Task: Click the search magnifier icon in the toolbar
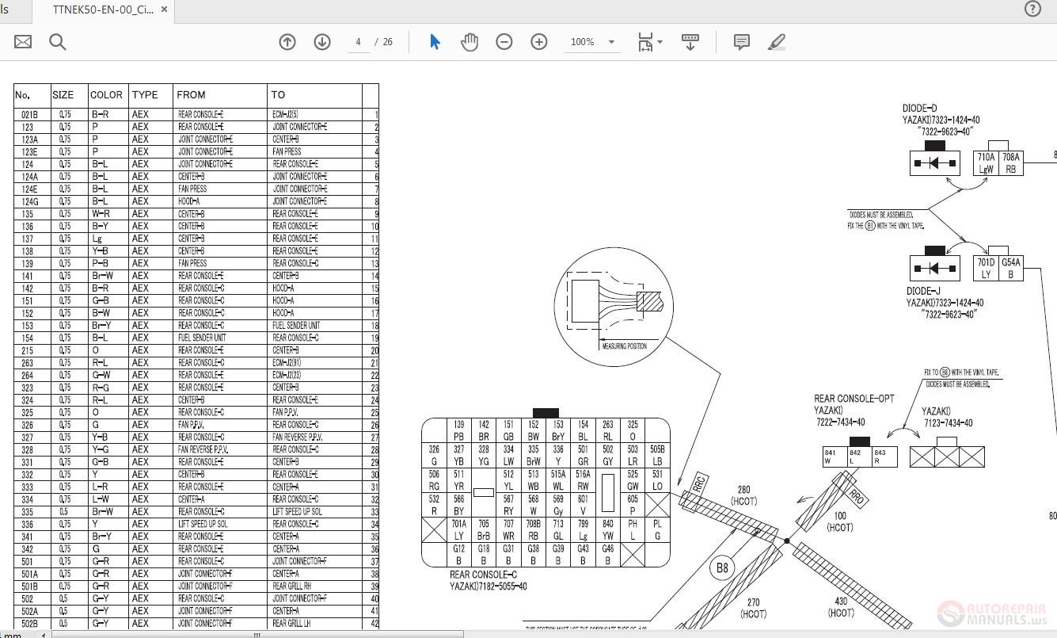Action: point(58,42)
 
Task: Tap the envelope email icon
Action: point(23,42)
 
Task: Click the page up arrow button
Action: point(287,42)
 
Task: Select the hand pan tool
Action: point(470,42)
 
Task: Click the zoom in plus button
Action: point(539,42)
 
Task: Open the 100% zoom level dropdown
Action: point(610,42)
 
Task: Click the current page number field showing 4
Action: point(359,42)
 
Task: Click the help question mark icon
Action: point(1032,9)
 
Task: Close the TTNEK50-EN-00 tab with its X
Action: point(164,10)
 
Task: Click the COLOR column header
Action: point(106,94)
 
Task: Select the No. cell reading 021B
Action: point(29,114)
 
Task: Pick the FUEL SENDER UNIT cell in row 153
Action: point(296,326)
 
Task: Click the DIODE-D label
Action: point(919,109)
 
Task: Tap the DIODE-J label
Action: point(923,291)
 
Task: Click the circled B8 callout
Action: point(721,567)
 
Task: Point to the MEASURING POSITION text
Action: point(624,346)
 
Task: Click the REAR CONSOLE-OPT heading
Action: point(854,399)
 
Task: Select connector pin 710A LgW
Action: point(986,163)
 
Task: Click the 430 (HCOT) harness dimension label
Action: point(841,606)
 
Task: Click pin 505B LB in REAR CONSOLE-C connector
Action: point(657,456)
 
